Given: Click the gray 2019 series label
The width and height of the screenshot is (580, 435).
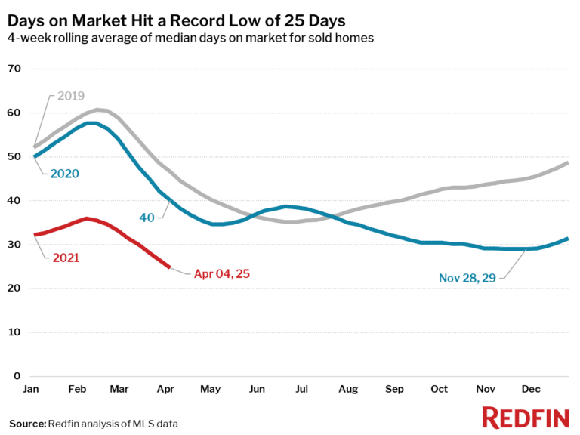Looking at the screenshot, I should click(69, 96).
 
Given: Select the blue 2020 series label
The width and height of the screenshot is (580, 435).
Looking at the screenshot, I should click(65, 173).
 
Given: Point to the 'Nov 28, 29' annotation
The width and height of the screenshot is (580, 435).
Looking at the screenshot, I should click(467, 278).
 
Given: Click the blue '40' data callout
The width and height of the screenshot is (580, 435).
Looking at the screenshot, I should click(147, 217).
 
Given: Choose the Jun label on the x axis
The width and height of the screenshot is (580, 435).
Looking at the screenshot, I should click(258, 389).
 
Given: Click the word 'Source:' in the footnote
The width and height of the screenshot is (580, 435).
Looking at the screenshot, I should click(27, 424).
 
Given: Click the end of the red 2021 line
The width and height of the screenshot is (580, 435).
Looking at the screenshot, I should click(168, 266).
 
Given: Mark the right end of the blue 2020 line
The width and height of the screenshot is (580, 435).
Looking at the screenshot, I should click(567, 239).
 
